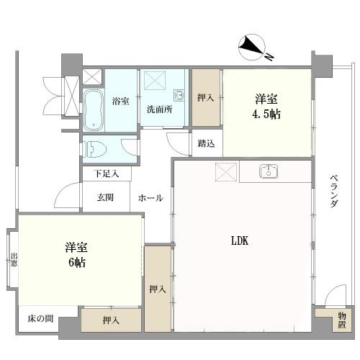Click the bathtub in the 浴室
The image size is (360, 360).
(x=94, y=110)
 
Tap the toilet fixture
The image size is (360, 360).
(x=94, y=149)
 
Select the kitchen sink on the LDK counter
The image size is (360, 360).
(x=269, y=171)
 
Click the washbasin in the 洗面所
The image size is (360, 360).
(x=179, y=95)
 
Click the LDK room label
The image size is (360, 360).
(x=240, y=240)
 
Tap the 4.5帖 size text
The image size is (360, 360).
(x=266, y=114)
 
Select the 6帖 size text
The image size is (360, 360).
(x=77, y=263)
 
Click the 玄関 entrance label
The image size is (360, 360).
(x=105, y=197)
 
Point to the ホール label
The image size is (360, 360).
(x=150, y=198)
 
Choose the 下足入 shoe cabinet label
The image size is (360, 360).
(x=107, y=174)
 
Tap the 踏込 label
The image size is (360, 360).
(x=206, y=143)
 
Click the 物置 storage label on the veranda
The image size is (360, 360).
(x=342, y=320)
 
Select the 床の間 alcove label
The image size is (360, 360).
(x=40, y=319)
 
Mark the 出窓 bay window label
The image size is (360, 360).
(x=14, y=259)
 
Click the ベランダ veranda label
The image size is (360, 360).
(x=334, y=192)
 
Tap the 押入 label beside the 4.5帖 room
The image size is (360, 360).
(x=205, y=97)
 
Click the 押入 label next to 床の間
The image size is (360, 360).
(x=111, y=320)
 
